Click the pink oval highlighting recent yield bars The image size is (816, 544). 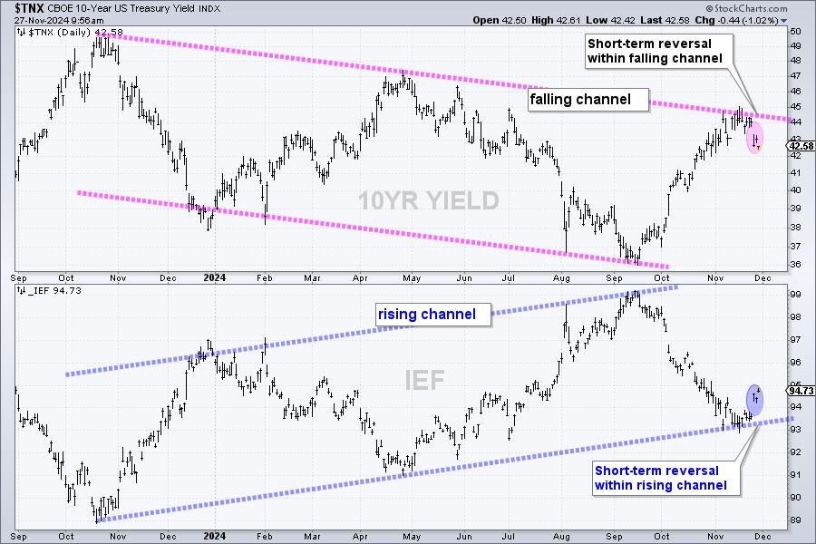(x=755, y=138)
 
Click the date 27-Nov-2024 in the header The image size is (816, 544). (x=38, y=18)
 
